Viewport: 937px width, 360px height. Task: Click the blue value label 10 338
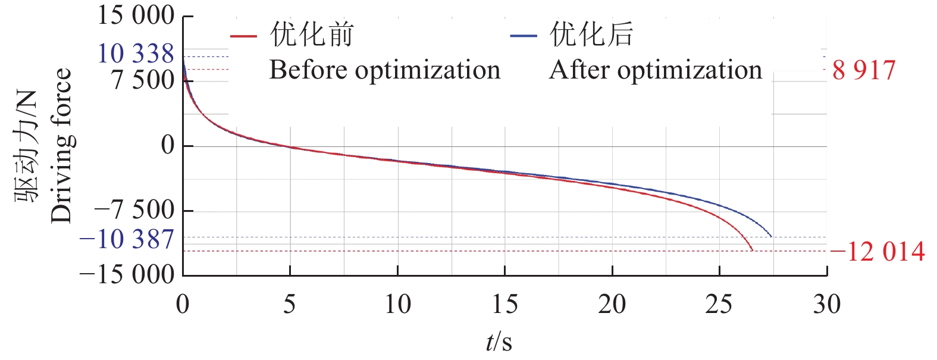pyautogui.click(x=136, y=54)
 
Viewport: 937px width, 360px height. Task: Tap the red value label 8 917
pyautogui.click(x=864, y=70)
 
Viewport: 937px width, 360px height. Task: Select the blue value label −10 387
pyautogui.click(x=127, y=239)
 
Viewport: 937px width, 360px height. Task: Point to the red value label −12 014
pyautogui.click(x=878, y=252)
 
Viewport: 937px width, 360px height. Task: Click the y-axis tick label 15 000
pyautogui.click(x=136, y=15)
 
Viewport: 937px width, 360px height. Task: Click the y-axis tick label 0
pyautogui.click(x=168, y=145)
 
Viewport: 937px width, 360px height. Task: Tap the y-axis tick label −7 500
pyautogui.click(x=134, y=210)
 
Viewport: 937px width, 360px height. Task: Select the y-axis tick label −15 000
pyautogui.click(x=127, y=275)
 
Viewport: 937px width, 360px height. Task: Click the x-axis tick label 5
pyautogui.click(x=290, y=305)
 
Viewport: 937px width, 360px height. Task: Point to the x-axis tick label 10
pyautogui.click(x=397, y=305)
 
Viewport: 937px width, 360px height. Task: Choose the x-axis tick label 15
pyautogui.click(x=504, y=305)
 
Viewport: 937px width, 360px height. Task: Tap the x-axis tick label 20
pyautogui.click(x=612, y=305)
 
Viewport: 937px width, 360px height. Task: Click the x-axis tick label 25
pyautogui.click(x=719, y=305)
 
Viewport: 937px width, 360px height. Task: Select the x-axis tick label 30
pyautogui.click(x=826, y=305)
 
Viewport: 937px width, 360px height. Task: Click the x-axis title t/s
pyautogui.click(x=499, y=342)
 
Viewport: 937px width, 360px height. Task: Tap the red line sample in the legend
pyautogui.click(x=243, y=37)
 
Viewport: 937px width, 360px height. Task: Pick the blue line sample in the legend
pyautogui.click(x=524, y=37)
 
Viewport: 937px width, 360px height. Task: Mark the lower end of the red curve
pyautogui.click(x=752, y=250)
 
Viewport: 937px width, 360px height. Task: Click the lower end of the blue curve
pyautogui.click(x=771, y=236)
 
